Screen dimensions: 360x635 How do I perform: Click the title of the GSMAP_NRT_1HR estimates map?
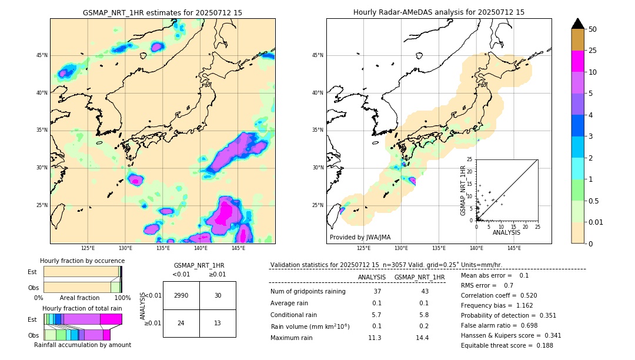(x=162, y=12)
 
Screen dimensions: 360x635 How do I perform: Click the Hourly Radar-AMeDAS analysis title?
(x=439, y=12)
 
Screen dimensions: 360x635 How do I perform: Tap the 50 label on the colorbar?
(x=593, y=29)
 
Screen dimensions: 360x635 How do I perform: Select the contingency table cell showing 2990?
(x=181, y=295)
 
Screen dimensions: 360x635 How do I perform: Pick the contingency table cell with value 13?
(x=218, y=323)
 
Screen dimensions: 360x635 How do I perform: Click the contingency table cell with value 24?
(x=181, y=323)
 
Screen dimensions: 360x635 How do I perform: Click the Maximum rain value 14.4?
(x=422, y=338)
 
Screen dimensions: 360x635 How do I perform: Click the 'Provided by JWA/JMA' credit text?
(x=360, y=237)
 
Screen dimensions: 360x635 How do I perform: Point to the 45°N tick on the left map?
(x=42, y=55)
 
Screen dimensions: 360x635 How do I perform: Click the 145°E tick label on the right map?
(x=514, y=248)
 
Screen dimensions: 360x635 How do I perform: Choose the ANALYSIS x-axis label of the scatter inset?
(x=506, y=232)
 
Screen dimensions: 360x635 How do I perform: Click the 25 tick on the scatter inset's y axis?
(x=470, y=159)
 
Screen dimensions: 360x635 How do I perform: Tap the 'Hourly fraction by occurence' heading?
(x=82, y=261)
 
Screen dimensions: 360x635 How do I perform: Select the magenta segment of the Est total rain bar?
(x=111, y=319)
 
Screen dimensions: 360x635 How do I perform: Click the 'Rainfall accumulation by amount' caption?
(x=82, y=345)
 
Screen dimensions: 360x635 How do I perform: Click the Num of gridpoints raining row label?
(x=308, y=291)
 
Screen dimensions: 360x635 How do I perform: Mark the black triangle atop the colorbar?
(x=578, y=24)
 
